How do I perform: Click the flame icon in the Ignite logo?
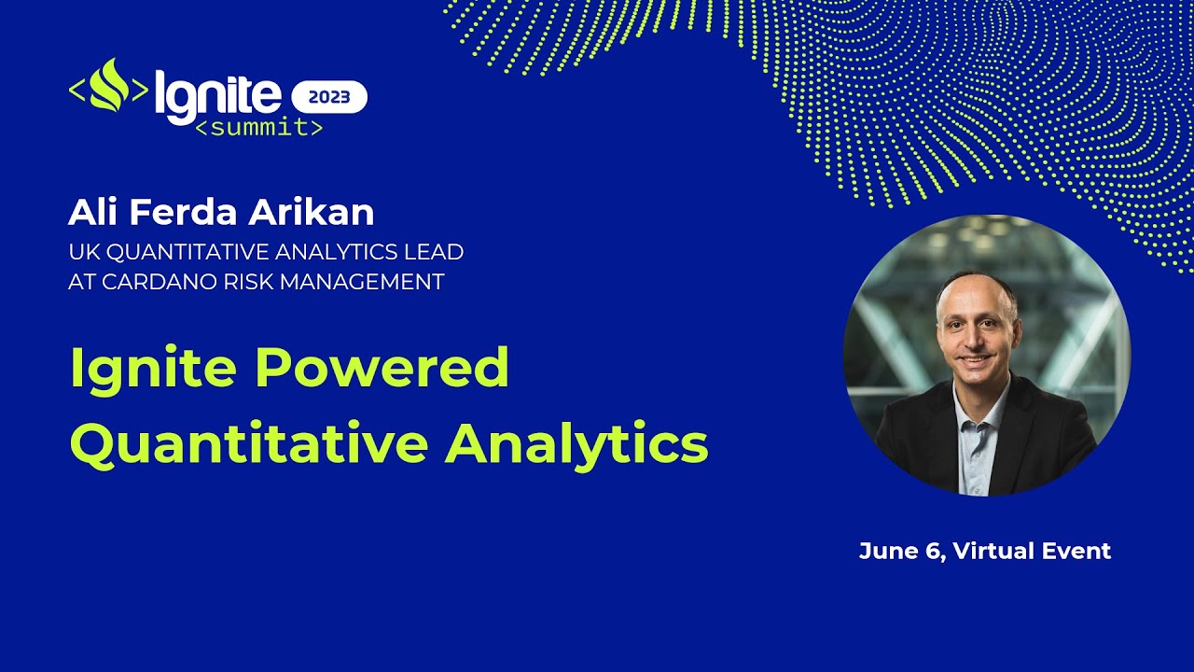tap(108, 87)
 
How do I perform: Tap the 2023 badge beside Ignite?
tap(329, 97)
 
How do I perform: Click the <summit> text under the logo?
tap(258, 128)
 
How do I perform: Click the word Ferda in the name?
tap(187, 213)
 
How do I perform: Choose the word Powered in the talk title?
tap(382, 368)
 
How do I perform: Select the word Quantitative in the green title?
tap(249, 444)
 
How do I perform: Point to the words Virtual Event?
tap(1034, 552)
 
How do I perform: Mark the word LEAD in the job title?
tap(438, 252)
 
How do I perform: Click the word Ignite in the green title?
tap(152, 368)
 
